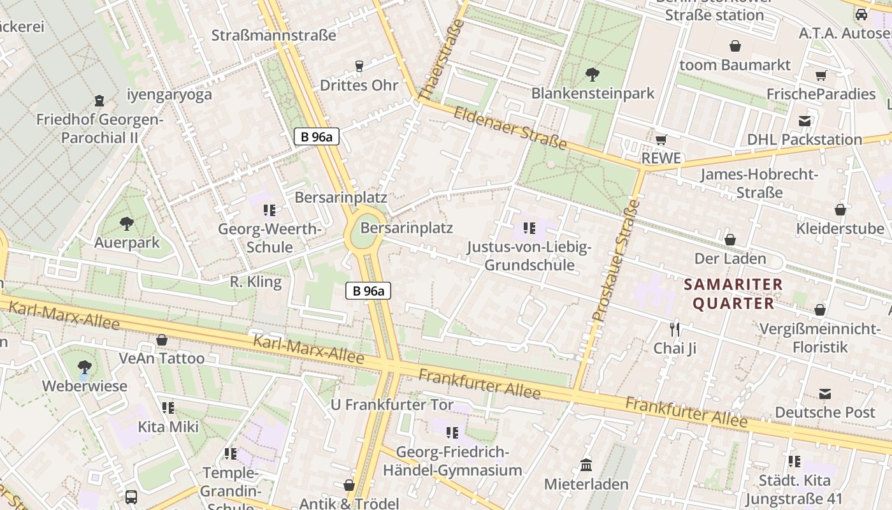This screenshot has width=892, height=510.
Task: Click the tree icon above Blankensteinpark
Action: pos(593,74)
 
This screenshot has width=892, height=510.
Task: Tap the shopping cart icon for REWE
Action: pos(661,140)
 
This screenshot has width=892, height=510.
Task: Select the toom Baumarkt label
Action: pos(735,65)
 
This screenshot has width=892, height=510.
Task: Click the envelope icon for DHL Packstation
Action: pos(805,121)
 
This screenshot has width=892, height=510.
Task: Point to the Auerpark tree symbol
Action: pos(127,224)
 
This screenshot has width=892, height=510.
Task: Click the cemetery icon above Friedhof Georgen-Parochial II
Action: pos(99,100)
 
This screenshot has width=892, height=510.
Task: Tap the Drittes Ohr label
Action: pos(359,85)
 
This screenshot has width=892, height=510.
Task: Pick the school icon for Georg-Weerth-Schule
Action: pos(270,210)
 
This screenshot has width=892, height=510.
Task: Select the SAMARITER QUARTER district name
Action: pos(733,294)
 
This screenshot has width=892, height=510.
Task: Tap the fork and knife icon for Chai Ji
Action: pos(675,329)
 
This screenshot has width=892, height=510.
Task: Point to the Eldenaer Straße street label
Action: pos(510,127)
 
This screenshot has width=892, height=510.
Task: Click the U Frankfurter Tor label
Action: pos(392,405)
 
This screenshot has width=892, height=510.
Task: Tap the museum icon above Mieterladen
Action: pos(586,465)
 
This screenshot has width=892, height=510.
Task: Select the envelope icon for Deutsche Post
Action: pos(825,393)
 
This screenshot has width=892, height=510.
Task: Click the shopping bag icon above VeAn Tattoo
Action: pos(162,340)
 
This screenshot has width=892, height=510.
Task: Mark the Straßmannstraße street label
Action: pos(273,35)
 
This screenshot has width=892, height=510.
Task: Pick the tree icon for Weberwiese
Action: pos(84,367)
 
